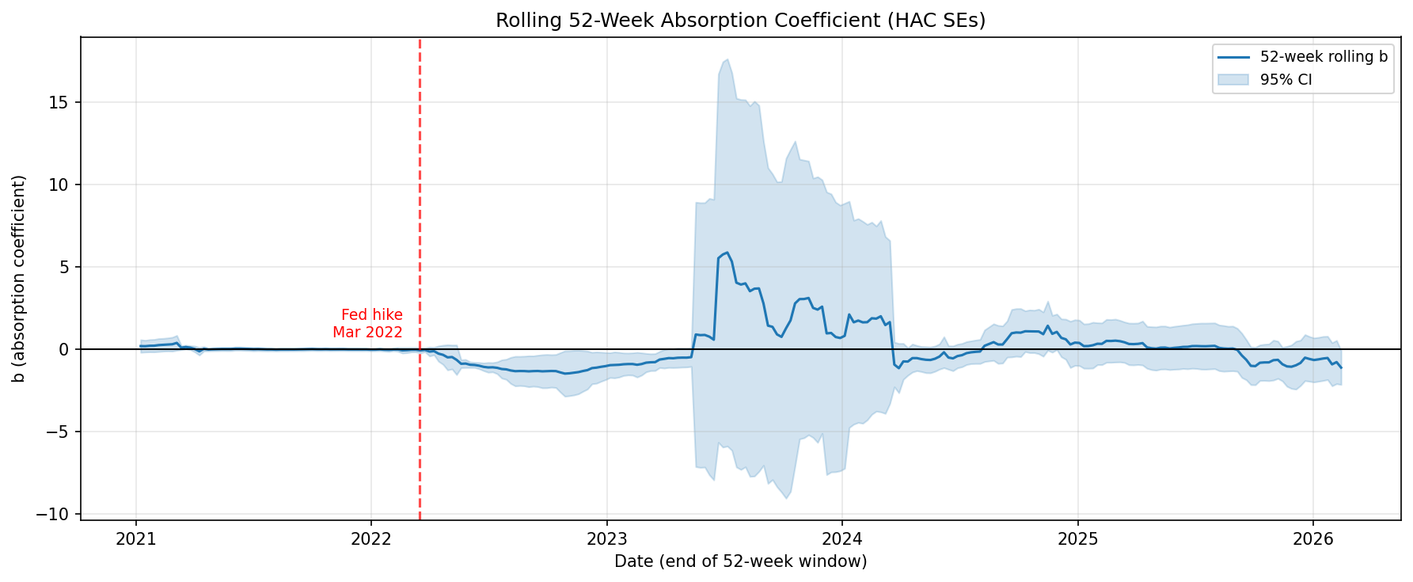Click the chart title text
740,21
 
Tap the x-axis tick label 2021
136,540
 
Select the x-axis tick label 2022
371,540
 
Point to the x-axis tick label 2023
606,540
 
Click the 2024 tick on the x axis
842,540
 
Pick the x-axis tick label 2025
1077,540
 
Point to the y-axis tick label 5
66,268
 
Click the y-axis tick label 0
66,350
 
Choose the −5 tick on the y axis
60,432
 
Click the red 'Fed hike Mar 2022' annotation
368,324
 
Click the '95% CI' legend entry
1286,79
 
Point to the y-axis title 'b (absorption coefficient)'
19,279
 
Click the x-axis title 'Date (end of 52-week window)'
740,561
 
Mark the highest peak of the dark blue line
727,253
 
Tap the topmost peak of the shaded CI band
727,59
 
